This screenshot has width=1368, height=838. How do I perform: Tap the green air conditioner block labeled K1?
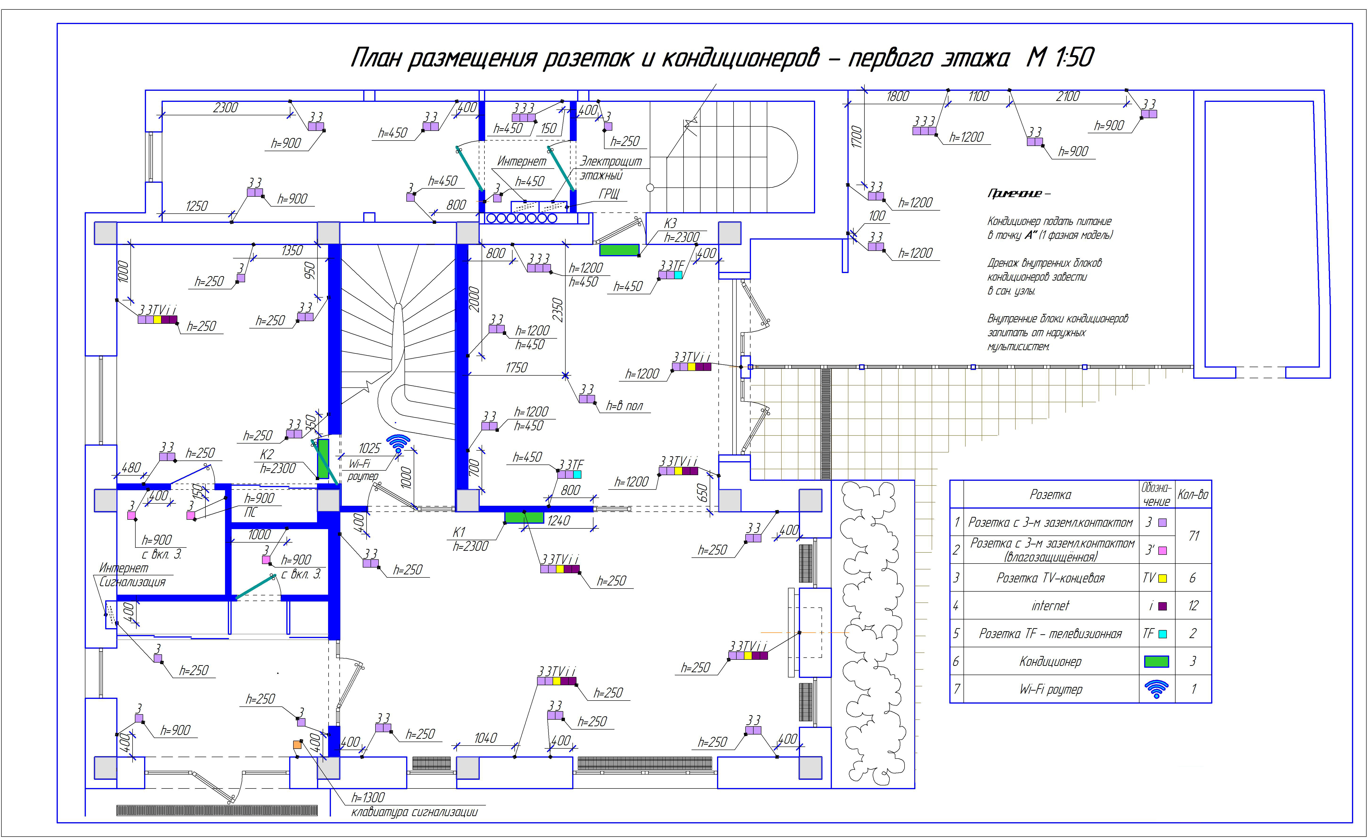pos(524,517)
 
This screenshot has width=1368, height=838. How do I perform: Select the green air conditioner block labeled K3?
pos(619,250)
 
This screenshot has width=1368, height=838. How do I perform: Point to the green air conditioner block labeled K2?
pos(323,459)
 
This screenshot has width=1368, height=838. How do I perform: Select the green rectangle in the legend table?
pos(1156,662)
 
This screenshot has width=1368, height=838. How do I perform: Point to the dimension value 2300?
pos(225,108)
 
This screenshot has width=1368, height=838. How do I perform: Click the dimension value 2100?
pos(1068,97)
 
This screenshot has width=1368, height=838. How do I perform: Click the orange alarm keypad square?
pos(297,745)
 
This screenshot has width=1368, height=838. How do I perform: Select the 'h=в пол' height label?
pos(625,406)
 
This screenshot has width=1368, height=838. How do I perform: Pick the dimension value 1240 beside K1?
pos(559,521)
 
